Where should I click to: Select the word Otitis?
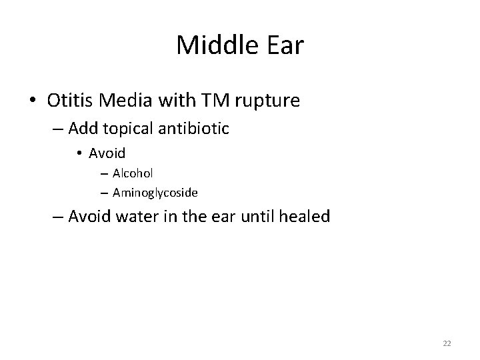[69, 101]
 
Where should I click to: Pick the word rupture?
[266, 101]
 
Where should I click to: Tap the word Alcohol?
[133, 173]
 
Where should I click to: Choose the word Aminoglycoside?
[155, 193]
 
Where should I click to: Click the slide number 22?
[447, 343]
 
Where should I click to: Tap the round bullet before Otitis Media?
[33, 101]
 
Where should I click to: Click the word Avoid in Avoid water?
[91, 217]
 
